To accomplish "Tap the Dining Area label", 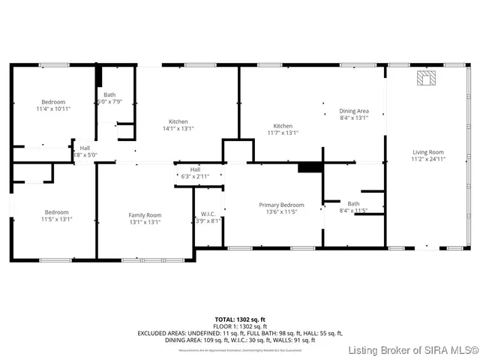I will pyautogui.click(x=354, y=111).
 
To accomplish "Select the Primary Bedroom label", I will pyautogui.click(x=281, y=205).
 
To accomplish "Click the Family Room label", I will pyautogui.click(x=145, y=215).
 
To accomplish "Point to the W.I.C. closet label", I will pyautogui.click(x=208, y=214).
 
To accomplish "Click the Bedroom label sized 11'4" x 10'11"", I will pyautogui.click(x=52, y=102).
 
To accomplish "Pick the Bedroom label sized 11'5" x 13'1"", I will pyautogui.click(x=56, y=212).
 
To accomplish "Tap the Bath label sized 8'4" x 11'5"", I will pyautogui.click(x=353, y=203).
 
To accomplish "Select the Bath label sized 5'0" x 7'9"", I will pyautogui.click(x=109, y=95).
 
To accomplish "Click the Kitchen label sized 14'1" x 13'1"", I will pyautogui.click(x=178, y=121).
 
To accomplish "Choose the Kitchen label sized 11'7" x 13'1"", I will pyautogui.click(x=283, y=126).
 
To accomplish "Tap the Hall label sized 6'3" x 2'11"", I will pyautogui.click(x=195, y=169).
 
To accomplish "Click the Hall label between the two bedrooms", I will pyautogui.click(x=85, y=148).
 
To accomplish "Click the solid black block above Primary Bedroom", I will pyautogui.click(x=309, y=167).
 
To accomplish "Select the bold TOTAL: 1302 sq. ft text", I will pyautogui.click(x=241, y=319).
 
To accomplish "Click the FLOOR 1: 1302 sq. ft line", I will pyautogui.click(x=241, y=326).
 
